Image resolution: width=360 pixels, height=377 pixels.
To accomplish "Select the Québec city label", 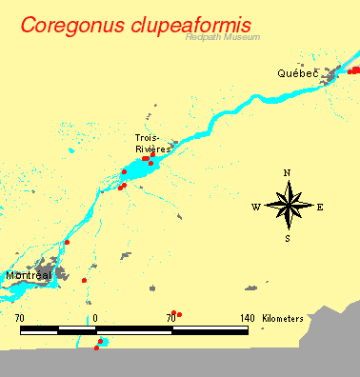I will coord(297,73).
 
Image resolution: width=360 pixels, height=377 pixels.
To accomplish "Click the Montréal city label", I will coord(28,275).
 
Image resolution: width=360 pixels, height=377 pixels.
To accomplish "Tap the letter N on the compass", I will coord(288,173).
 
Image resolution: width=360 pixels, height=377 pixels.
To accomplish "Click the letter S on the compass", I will coord(288,238).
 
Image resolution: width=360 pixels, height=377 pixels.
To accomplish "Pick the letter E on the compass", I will coord(320,207).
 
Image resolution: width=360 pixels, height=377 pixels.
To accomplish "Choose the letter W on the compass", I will coord(256,207).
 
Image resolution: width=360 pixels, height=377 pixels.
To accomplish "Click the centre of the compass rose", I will coord(288,206).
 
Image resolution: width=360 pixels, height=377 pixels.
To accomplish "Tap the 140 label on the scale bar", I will coord(247,317).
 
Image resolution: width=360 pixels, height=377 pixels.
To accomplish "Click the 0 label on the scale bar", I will coord(96,317).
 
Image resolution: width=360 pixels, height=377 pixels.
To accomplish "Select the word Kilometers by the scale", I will coord(284,317).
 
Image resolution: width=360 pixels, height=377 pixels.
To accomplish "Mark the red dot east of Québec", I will coord(354,69).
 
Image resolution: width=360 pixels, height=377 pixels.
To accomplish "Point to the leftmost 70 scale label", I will coord(20,317).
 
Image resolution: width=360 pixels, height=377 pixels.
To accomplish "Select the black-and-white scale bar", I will coord(133,329).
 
